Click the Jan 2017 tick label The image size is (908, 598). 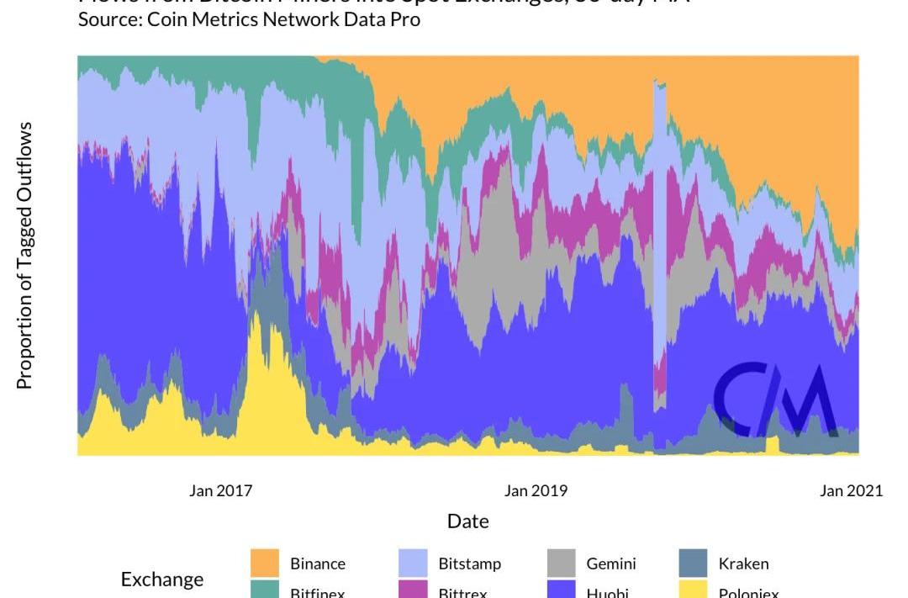point(220,491)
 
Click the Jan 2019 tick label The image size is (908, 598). point(536,491)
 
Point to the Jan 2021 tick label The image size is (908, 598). point(851,491)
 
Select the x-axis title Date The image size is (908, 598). point(467,521)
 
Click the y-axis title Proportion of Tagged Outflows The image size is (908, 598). point(25,255)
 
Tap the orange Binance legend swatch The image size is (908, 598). point(265,564)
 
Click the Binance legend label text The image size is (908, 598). point(318,564)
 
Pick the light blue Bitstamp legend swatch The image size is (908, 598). point(413,564)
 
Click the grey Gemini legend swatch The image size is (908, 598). point(561,564)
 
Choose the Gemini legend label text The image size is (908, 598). point(611,564)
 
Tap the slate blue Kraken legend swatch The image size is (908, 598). point(693,564)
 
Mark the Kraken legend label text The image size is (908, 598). point(743,564)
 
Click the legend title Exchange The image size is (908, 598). point(162,579)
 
